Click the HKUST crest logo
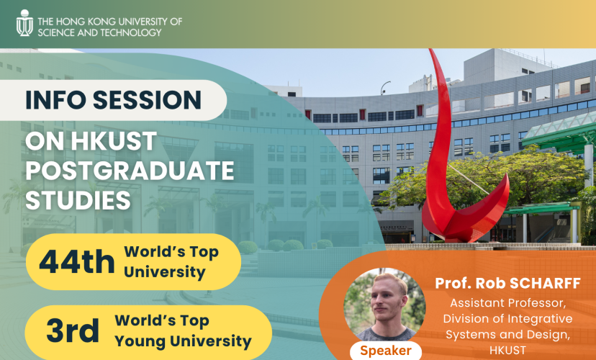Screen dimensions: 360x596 click(x=24, y=24)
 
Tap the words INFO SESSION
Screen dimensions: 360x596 click(x=113, y=99)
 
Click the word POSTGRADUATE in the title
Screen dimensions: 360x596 click(x=130, y=171)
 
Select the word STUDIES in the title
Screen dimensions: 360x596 click(x=78, y=200)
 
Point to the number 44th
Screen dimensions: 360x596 click(x=76, y=263)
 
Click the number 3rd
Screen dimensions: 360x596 click(x=73, y=331)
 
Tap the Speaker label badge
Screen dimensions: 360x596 click(x=386, y=351)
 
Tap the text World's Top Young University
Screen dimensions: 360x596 click(x=183, y=331)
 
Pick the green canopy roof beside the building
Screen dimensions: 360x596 click(x=561, y=133)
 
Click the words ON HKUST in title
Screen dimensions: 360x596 click(x=91, y=142)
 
